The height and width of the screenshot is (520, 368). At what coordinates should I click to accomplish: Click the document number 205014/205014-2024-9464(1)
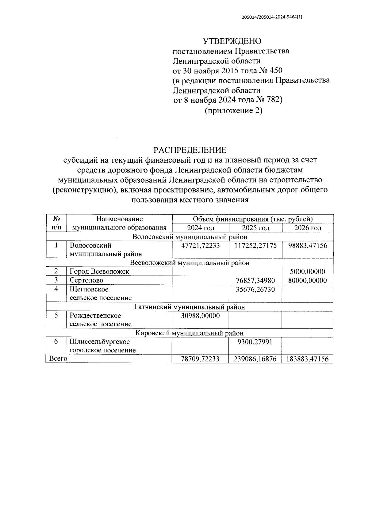pyautogui.click(x=272, y=17)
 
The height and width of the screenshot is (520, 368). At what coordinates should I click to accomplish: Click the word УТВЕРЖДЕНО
pyautogui.click(x=232, y=41)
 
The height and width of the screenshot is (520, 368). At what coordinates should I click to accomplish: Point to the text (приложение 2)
pyautogui.click(x=233, y=110)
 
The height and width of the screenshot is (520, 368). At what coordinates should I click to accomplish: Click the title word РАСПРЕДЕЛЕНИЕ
pyautogui.click(x=190, y=150)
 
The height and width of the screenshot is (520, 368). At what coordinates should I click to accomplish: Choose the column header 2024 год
pyautogui.click(x=201, y=228)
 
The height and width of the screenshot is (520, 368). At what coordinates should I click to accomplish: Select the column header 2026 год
pyautogui.click(x=308, y=228)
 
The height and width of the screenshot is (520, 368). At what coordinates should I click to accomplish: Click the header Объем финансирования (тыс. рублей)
pyautogui.click(x=253, y=219)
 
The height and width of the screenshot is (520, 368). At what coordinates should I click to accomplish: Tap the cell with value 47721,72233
pyautogui.click(x=201, y=245)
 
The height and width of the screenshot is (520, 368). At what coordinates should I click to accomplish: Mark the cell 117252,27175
pyautogui.click(x=255, y=245)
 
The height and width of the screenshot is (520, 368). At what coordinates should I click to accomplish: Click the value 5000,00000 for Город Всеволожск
pyautogui.click(x=308, y=271)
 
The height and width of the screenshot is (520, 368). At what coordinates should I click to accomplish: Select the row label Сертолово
pyautogui.click(x=86, y=280)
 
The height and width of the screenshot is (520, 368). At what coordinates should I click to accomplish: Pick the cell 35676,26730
pyautogui.click(x=255, y=289)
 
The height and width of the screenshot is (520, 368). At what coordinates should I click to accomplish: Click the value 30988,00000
pyautogui.click(x=201, y=316)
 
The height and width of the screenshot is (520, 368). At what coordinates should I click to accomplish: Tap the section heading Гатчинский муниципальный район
pyautogui.click(x=190, y=307)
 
